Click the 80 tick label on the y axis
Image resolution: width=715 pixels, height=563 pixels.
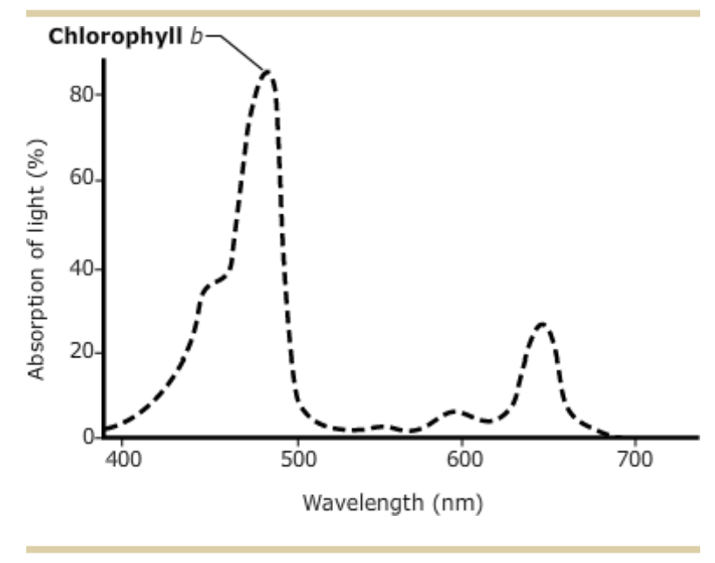coord(82,94)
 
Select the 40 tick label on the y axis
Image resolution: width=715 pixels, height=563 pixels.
coord(82,268)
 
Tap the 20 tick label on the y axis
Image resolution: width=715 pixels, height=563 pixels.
coord(82,353)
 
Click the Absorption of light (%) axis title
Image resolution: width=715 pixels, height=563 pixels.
coord(37,260)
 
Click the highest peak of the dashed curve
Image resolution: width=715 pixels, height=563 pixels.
coord(269,73)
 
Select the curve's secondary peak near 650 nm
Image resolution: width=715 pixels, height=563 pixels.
coord(542,325)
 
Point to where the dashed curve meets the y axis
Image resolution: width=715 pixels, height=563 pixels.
coord(105,429)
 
